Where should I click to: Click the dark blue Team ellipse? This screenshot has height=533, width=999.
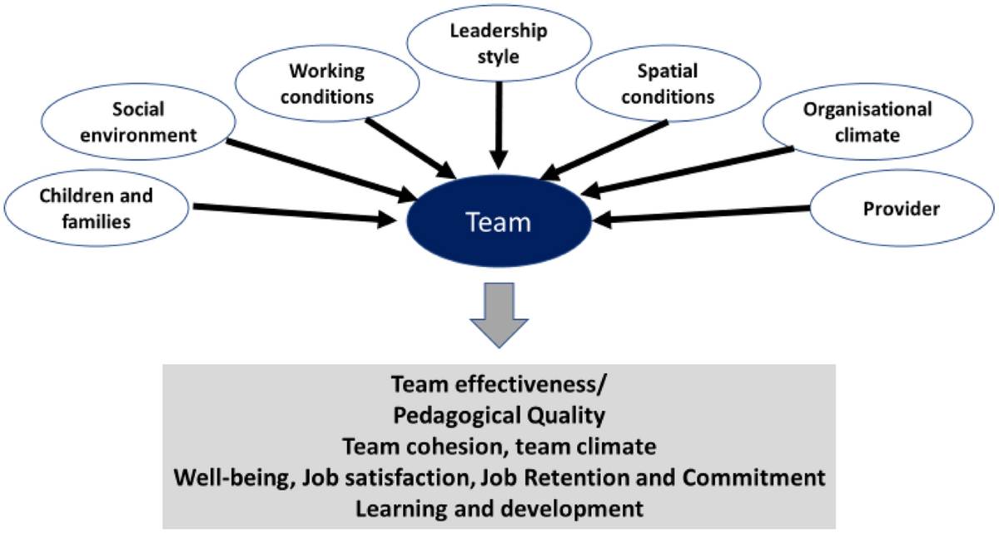[498, 223]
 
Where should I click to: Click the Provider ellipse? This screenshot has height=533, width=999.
[902, 210]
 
